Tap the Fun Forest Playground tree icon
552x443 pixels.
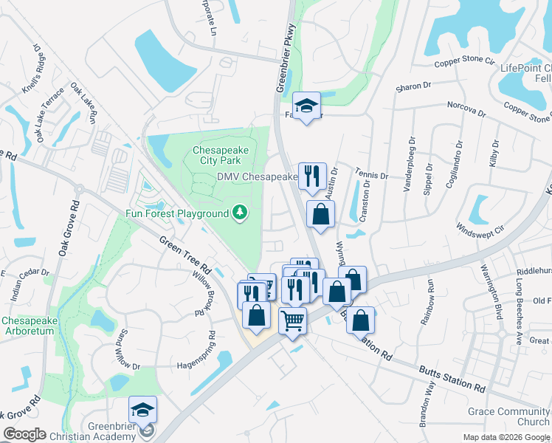click(239, 213)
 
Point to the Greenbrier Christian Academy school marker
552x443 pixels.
click(142, 411)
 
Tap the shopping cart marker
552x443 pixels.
click(293, 321)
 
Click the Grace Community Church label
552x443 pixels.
click(508, 416)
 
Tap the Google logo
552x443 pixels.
click(24, 434)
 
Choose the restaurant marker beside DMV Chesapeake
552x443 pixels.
click(311, 176)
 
